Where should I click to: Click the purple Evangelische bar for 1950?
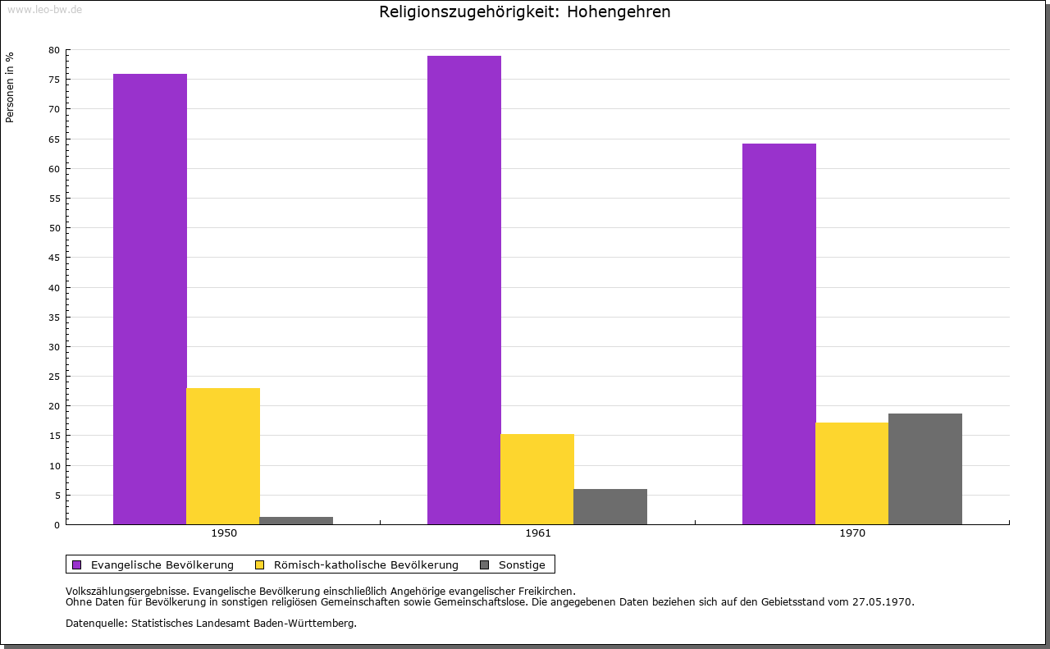pyautogui.click(x=150, y=299)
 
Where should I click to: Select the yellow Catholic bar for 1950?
pyautogui.click(x=223, y=456)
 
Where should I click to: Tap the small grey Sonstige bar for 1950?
pyautogui.click(x=296, y=520)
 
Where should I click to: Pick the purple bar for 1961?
pyautogui.click(x=464, y=290)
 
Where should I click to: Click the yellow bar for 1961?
pyautogui.click(x=537, y=479)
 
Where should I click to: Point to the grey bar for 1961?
pyautogui.click(x=610, y=507)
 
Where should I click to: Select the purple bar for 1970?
pyautogui.click(x=779, y=334)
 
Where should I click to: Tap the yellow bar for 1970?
pyautogui.click(x=852, y=473)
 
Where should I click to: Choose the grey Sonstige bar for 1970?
pyautogui.click(x=925, y=469)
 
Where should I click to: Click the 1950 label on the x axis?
pyautogui.click(x=224, y=533)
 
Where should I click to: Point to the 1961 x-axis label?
pyautogui.click(x=538, y=533)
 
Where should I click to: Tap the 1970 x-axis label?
pyautogui.click(x=852, y=533)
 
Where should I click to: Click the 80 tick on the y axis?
pyautogui.click(x=54, y=50)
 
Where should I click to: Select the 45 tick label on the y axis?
pyautogui.click(x=54, y=258)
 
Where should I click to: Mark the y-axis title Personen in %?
pyautogui.click(x=10, y=87)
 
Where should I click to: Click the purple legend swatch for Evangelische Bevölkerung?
pyautogui.click(x=77, y=565)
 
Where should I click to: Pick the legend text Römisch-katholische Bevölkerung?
pyautogui.click(x=366, y=565)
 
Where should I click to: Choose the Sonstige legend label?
pyautogui.click(x=522, y=565)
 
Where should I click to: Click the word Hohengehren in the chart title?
pyautogui.click(x=619, y=11)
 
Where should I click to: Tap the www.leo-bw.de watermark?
pyautogui.click(x=45, y=9)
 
